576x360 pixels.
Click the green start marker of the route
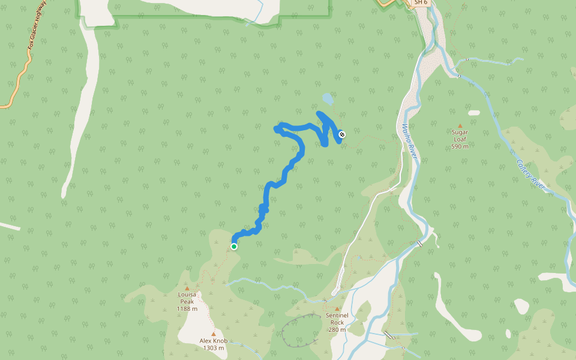[x=234, y=246]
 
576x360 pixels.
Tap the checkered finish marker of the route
[x=342, y=134]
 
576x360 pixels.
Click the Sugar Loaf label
[x=460, y=135]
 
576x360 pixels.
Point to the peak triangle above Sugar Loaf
[x=460, y=126]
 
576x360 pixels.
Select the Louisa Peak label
[x=187, y=298]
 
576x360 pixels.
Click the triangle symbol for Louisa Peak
[x=187, y=289]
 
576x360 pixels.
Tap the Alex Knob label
[x=214, y=340]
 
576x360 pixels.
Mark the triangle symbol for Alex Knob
[x=213, y=334]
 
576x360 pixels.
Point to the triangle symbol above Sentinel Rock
[x=337, y=309]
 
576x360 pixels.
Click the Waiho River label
[x=409, y=142]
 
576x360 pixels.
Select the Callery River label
[x=530, y=175]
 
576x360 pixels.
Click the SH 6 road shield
[x=421, y=2]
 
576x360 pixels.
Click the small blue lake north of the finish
[x=327, y=98]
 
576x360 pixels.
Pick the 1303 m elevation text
[x=214, y=347]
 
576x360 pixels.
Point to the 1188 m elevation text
[x=187, y=308]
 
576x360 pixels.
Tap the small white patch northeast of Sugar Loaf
[x=474, y=113]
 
